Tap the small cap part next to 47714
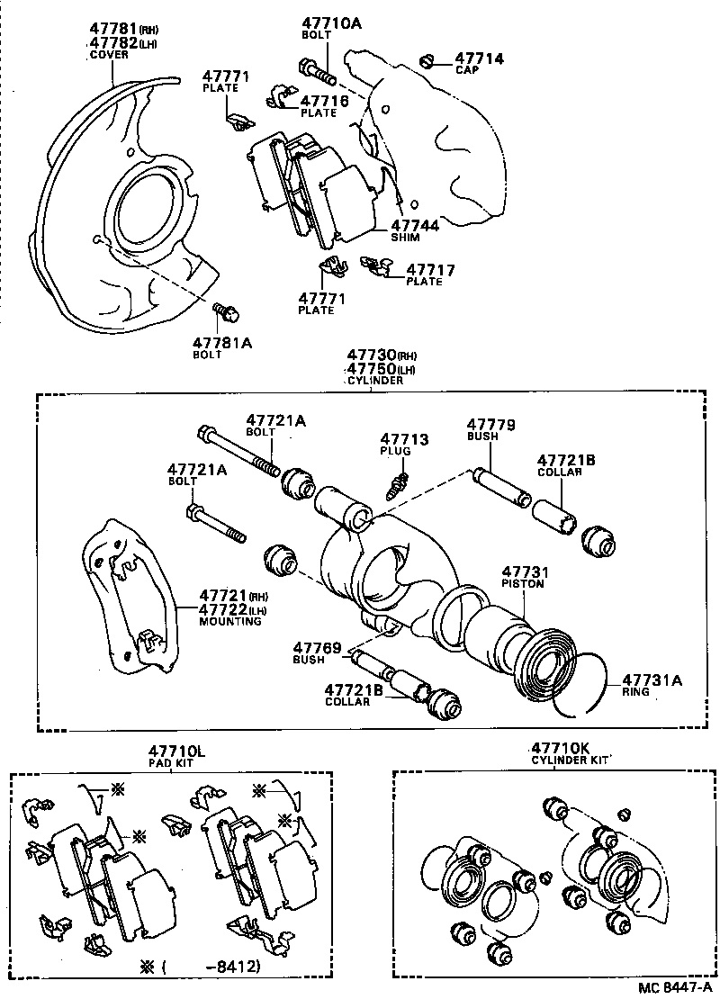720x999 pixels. coord(428,60)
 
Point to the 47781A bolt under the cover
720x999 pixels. coord(225,313)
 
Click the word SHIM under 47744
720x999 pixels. coord(406,238)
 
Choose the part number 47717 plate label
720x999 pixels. coord(430,269)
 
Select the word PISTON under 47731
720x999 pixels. coord(524,584)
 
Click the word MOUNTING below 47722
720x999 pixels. coord(230,621)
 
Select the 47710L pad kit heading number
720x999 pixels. coord(177,750)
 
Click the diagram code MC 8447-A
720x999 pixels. coord(674,988)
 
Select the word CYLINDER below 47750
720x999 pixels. coord(375,380)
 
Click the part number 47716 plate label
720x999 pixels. coord(324,102)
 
